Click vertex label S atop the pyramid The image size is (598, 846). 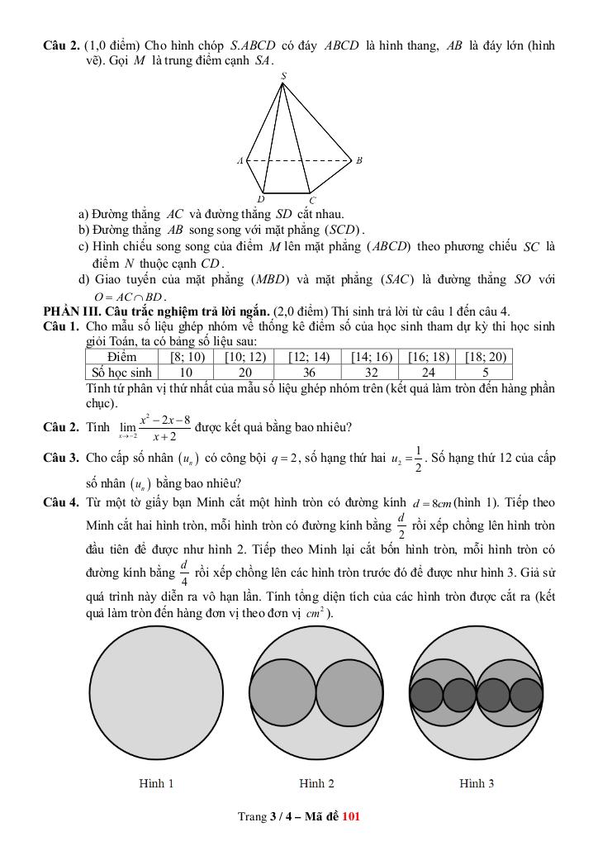283,76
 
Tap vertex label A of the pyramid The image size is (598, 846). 240,160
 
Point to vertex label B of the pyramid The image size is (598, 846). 359,160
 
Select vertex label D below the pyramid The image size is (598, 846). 260,199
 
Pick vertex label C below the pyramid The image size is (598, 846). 312,200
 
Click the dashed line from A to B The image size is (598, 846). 299,160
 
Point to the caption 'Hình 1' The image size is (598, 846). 156,783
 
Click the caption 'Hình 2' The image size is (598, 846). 316,783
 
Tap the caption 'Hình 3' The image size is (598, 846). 477,783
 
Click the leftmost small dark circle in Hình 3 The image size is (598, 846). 427,695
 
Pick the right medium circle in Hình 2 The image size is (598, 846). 348,692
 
